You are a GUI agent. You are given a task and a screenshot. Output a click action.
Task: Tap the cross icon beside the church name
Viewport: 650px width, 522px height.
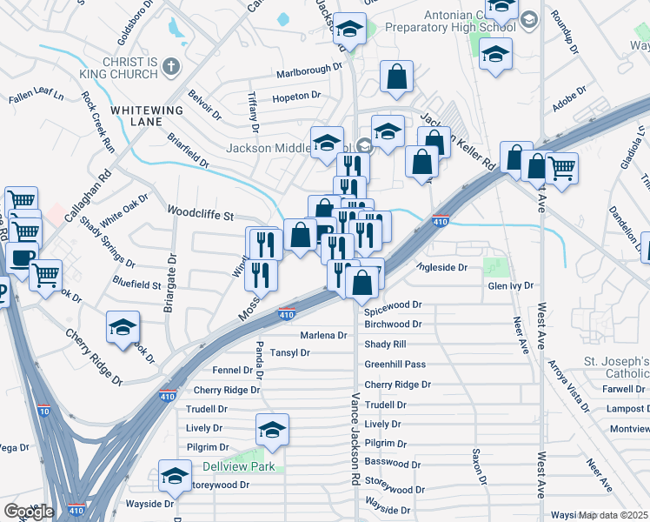pyautogui.click(x=171, y=66)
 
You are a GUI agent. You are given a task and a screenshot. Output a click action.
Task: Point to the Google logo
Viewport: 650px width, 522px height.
pyautogui.click(x=28, y=512)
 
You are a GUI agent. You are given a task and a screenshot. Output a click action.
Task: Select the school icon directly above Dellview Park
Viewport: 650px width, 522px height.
pyautogui.click(x=272, y=431)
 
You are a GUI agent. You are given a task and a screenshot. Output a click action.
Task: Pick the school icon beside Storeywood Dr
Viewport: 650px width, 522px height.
pyautogui.click(x=174, y=475)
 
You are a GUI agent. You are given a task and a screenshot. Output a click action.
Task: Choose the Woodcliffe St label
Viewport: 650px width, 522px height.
pyautogui.click(x=201, y=213)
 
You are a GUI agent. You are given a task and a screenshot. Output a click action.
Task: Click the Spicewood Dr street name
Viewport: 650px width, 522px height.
pyautogui.click(x=392, y=305)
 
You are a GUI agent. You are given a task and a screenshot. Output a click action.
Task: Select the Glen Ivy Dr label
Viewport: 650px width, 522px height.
pyautogui.click(x=510, y=285)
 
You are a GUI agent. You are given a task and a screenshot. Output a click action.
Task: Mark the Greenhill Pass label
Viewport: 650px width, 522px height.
pyautogui.click(x=395, y=365)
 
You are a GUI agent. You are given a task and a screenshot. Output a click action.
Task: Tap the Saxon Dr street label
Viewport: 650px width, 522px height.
pyautogui.click(x=477, y=467)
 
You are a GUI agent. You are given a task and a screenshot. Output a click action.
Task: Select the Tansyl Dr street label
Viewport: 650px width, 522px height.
pyautogui.click(x=289, y=353)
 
